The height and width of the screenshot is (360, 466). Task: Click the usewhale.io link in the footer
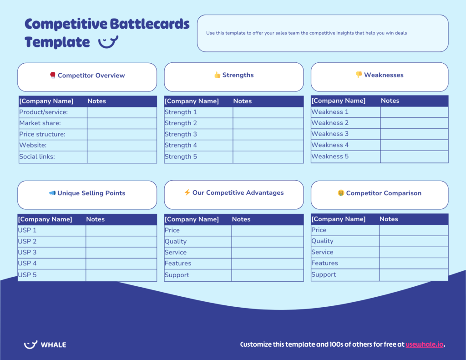[424, 345]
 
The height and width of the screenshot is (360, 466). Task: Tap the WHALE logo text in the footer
[53, 345]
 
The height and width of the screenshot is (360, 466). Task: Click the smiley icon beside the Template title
[108, 42]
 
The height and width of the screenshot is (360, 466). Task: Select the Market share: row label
[40, 123]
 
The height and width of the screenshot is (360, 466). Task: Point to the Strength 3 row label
[181, 134]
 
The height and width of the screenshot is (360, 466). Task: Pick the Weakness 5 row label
[330, 156]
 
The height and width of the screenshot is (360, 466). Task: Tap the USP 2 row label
[27, 241]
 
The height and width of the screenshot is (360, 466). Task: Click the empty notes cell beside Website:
[122, 145]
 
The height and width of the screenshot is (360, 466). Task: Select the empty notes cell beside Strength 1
[268, 112]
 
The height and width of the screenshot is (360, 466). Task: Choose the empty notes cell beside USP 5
[121, 275]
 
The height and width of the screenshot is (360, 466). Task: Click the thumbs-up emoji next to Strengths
[217, 75]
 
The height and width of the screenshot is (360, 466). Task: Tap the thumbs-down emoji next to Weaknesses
[359, 75]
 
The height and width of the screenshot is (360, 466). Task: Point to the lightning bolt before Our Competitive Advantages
[187, 193]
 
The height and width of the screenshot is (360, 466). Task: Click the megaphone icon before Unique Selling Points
[52, 193]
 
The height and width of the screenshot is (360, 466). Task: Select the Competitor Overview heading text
[91, 76]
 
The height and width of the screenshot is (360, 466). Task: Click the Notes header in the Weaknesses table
[390, 101]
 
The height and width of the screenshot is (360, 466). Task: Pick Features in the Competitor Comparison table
[324, 263]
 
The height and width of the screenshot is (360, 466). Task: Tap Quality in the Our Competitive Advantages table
[176, 241]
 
